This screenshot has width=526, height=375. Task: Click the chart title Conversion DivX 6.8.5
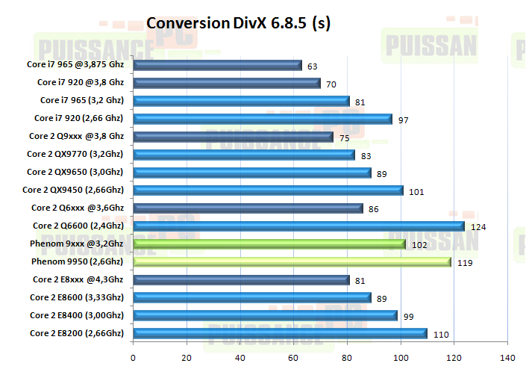pos(238,23)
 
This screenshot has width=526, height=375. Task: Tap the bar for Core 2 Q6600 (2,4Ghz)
pos(298,226)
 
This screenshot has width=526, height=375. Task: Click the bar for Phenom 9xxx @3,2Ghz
pos(269,244)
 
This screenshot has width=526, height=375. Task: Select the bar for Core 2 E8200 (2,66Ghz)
pos(281,334)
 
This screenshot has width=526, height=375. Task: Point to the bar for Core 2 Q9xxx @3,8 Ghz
pos(234,137)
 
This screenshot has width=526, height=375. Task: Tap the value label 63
pos(312,66)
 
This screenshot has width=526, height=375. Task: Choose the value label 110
pos(439,335)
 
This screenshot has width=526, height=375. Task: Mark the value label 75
pos(344,137)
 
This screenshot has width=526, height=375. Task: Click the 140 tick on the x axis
pos(508,356)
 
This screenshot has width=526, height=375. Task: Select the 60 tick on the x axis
pos(294,356)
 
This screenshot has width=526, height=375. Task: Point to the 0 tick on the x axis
pos(134,356)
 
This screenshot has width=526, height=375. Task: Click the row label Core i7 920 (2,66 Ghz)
pos(79,118)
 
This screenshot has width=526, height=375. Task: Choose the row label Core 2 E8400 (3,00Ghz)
pos(77,315)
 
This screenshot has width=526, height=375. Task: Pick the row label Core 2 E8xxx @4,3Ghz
pos(78,279)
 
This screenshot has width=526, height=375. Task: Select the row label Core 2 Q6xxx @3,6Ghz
pos(78,208)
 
